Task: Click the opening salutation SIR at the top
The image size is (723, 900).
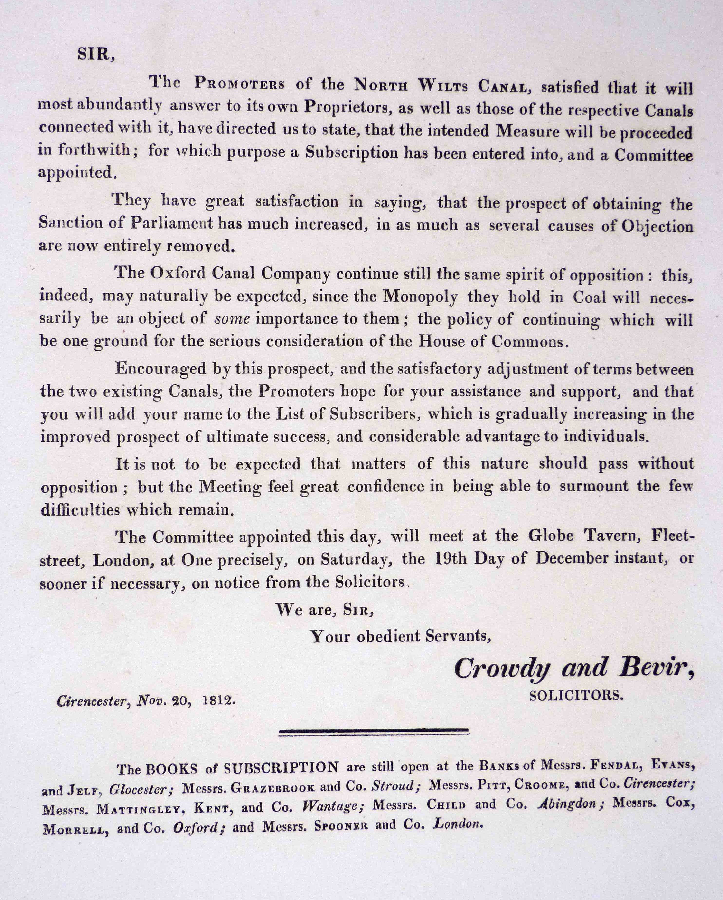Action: pyautogui.click(x=95, y=55)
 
